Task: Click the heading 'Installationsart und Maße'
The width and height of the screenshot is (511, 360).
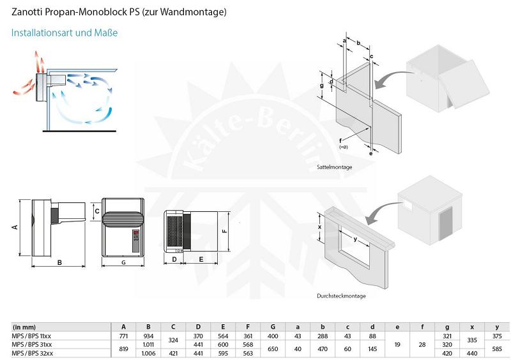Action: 65,33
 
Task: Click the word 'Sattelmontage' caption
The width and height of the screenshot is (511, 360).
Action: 334,167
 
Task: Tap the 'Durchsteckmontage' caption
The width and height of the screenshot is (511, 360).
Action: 341,296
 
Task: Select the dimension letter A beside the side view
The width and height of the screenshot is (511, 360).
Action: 15,227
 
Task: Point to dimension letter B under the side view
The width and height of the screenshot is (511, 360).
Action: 59,262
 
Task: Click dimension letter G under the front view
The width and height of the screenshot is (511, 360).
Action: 123,262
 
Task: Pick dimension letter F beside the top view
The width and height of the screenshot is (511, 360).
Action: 225,231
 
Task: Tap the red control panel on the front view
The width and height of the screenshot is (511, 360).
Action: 135,241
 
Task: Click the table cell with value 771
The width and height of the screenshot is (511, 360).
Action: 123,336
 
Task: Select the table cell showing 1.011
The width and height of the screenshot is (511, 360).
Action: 148,345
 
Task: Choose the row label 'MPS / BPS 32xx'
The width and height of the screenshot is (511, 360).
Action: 33,353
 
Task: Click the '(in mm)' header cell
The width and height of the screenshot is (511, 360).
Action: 24,327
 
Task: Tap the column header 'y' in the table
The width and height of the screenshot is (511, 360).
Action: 497,327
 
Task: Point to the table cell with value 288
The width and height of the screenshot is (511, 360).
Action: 323,336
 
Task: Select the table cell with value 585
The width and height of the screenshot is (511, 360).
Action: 497,349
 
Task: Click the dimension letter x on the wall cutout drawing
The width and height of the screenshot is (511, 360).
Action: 320,227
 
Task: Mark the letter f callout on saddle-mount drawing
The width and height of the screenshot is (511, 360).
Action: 340,140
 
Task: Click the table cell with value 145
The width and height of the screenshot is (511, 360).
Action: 372,349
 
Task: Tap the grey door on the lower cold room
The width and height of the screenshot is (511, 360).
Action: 446,223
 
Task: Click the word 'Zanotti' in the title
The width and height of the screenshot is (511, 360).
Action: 27,11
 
